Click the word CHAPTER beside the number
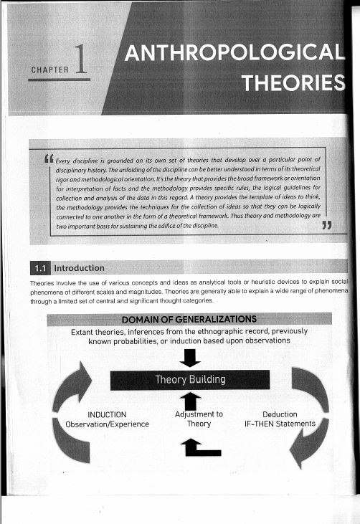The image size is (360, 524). click(49, 70)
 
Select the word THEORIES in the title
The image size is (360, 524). click(294, 85)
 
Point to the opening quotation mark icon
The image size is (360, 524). click(49, 158)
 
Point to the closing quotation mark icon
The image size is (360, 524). click(330, 227)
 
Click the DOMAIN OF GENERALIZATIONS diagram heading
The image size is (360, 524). click(189, 319)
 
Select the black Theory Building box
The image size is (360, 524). click(190, 379)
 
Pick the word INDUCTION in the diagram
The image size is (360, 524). click(107, 414)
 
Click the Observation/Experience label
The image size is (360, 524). click(107, 424)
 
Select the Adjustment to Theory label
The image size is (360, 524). click(199, 419)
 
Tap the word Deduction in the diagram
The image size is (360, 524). click(280, 414)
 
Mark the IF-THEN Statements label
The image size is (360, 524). click(280, 424)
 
